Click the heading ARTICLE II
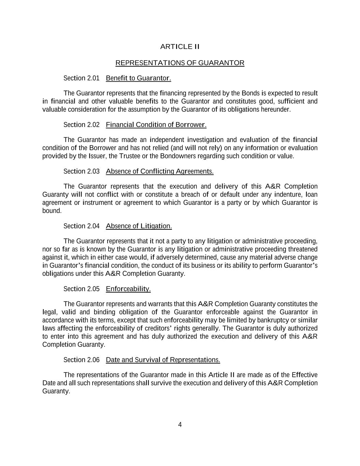point(180,47)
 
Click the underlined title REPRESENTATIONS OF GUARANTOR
point(180,63)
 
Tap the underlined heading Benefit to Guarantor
point(138,79)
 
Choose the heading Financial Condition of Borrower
point(156,125)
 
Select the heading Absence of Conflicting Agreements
point(160,171)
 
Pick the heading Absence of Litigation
point(139,226)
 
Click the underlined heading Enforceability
point(128,289)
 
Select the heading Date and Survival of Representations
point(163,360)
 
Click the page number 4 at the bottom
point(180,425)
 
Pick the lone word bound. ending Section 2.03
point(52,211)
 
